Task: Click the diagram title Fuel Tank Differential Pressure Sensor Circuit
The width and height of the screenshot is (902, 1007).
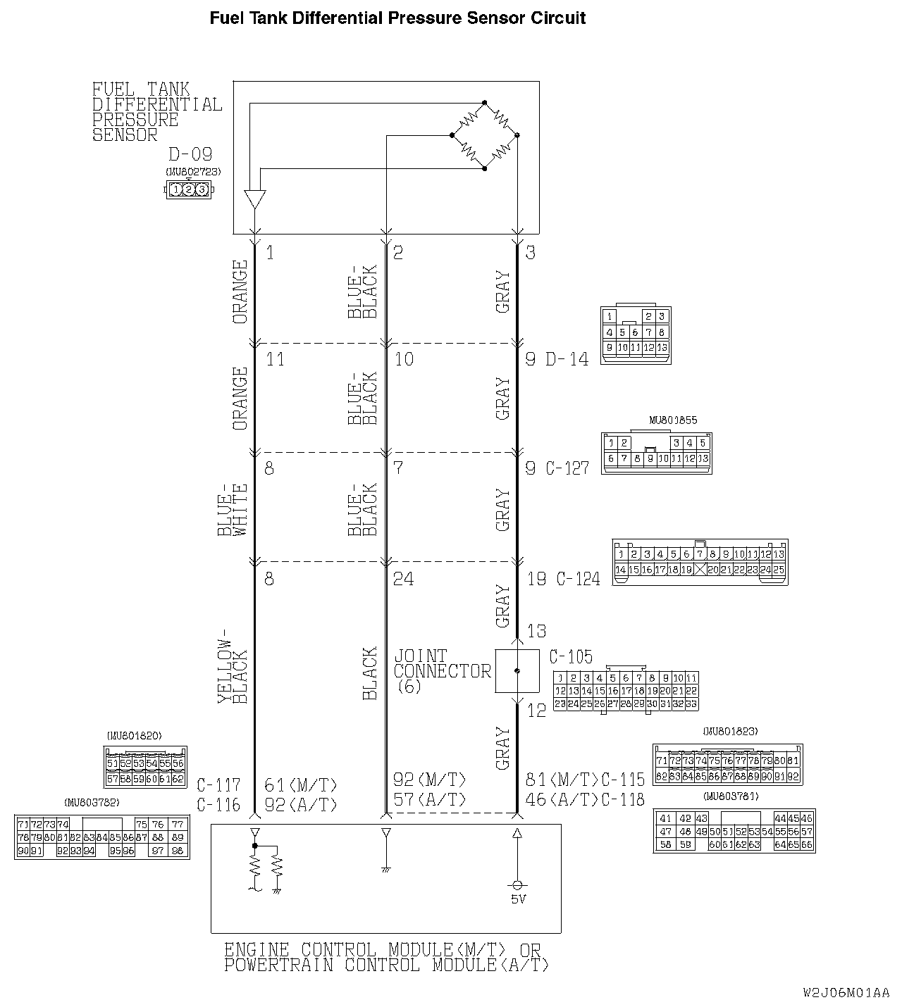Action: [397, 18]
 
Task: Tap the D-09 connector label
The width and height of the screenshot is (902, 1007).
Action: [190, 154]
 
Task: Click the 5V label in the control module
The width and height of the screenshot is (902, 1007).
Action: [518, 899]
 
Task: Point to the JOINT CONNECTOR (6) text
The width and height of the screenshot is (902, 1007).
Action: [442, 671]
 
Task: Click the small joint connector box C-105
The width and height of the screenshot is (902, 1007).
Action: [517, 671]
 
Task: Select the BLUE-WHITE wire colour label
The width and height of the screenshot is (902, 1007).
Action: [233, 511]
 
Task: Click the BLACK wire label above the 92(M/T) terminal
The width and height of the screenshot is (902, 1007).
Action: [369, 674]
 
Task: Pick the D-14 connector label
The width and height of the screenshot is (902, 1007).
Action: [567, 359]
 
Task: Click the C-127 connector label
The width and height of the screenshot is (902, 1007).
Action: [567, 468]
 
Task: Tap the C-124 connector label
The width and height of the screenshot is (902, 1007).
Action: [578, 579]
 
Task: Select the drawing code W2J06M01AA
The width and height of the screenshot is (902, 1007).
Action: [846, 993]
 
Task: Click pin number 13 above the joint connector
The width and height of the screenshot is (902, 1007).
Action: [536, 630]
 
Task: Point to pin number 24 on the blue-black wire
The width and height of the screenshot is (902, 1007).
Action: [403, 579]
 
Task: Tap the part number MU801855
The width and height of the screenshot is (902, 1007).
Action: [672, 420]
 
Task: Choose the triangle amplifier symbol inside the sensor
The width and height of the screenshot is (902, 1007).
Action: [254, 199]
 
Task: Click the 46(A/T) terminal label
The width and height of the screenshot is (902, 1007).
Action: [562, 799]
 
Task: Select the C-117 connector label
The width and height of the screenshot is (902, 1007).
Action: [218, 784]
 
